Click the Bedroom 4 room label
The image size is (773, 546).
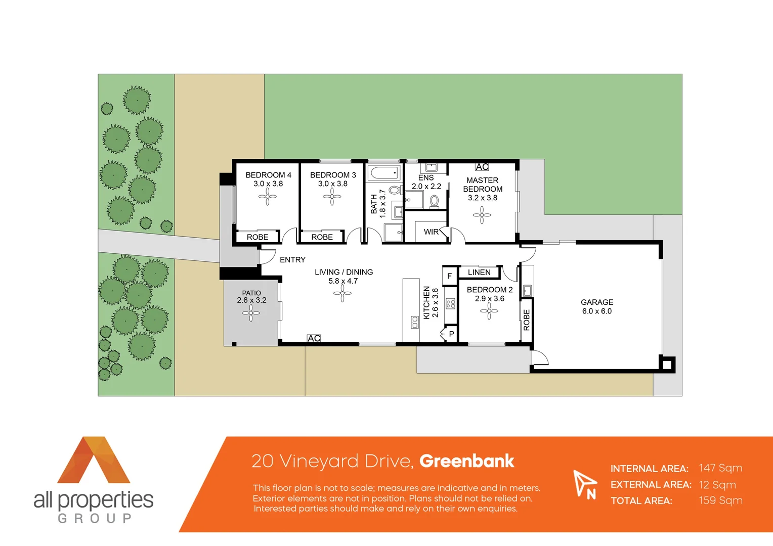pyautogui.click(x=268, y=175)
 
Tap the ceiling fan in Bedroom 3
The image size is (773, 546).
pyautogui.click(x=332, y=197)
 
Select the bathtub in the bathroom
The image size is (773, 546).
pyautogui.click(x=384, y=173)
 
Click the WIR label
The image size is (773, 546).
pyautogui.click(x=431, y=232)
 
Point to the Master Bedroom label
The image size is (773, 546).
pyautogui.click(x=483, y=185)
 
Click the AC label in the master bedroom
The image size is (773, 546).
pyautogui.click(x=482, y=167)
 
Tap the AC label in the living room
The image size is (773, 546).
pyautogui.click(x=314, y=338)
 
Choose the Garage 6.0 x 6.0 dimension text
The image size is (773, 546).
pyautogui.click(x=597, y=311)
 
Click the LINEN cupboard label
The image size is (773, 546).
pyautogui.click(x=479, y=272)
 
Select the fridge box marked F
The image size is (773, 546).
pyautogui.click(x=449, y=276)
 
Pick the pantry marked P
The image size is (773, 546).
pyautogui.click(x=451, y=334)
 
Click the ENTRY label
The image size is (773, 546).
pyautogui.click(x=292, y=260)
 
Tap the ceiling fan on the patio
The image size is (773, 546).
pyautogui.click(x=250, y=313)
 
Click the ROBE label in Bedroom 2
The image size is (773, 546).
pyautogui.click(x=527, y=320)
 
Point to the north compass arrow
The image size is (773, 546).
pyautogui.click(x=583, y=482)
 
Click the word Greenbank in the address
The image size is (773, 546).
pyautogui.click(x=466, y=461)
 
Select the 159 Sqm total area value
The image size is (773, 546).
pyautogui.click(x=720, y=500)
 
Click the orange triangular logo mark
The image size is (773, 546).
pyautogui.click(x=94, y=460)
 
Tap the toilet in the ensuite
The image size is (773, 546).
pyautogui.click(x=434, y=201)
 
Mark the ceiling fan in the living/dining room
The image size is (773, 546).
pyautogui.click(x=342, y=293)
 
